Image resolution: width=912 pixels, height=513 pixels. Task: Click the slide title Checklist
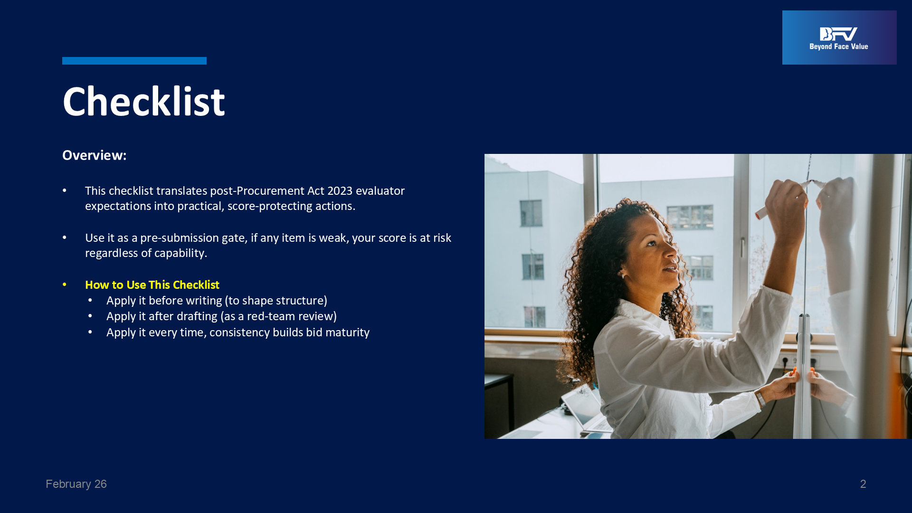tap(143, 102)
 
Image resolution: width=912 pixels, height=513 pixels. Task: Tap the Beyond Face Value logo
tap(839, 38)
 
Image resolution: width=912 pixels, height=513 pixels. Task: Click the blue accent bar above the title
tap(134, 61)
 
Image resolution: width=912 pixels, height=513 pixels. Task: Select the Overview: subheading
tap(95, 155)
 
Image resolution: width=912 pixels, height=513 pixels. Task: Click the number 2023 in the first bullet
tap(340, 191)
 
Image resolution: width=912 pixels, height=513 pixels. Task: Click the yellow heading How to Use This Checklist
tap(152, 285)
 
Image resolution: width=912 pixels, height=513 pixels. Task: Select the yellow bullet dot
tap(65, 285)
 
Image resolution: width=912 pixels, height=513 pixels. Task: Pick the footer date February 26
tap(76, 484)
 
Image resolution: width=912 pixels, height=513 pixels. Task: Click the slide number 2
tap(863, 484)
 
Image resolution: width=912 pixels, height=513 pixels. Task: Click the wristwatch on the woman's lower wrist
tap(760, 399)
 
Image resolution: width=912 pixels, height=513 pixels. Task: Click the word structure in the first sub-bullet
tap(301, 301)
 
